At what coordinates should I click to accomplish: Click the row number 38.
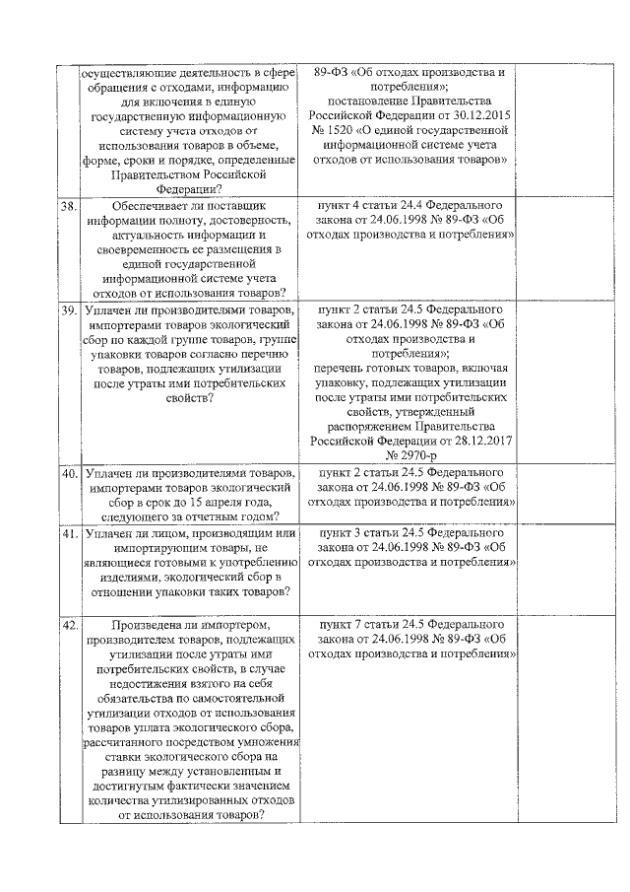69,208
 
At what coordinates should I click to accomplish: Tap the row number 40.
69,474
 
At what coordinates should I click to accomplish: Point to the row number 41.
69,534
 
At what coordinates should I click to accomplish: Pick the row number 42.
69,625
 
